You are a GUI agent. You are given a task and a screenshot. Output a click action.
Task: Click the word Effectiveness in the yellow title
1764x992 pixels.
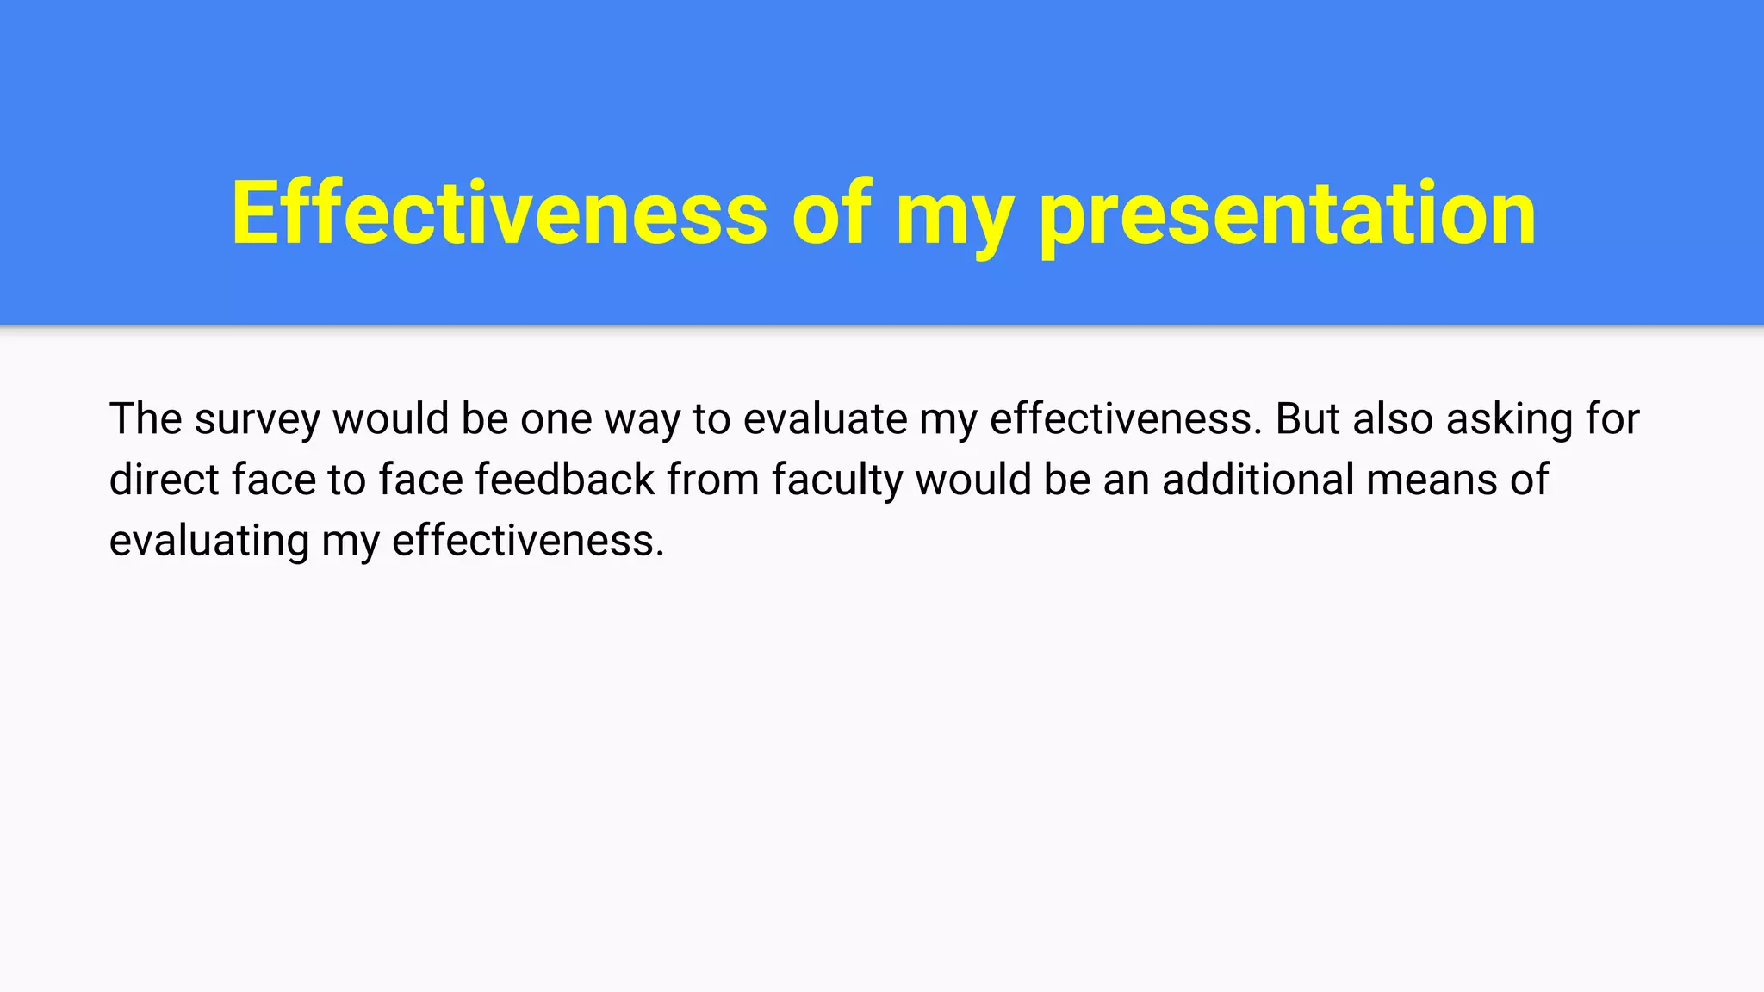point(499,213)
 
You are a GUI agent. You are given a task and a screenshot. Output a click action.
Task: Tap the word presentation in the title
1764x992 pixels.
point(1288,215)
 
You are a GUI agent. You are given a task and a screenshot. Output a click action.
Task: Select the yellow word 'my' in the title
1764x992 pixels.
point(953,220)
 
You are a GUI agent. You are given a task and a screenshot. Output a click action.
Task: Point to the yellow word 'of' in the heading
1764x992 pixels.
point(831,213)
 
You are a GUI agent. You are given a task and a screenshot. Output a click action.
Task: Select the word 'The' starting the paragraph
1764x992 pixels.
point(146,418)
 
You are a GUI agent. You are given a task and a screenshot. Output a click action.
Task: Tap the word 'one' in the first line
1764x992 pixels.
point(556,419)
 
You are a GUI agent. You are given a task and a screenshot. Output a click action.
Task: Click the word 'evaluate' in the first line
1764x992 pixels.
point(825,419)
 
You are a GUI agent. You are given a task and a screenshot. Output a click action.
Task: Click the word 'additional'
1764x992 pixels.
point(1258,480)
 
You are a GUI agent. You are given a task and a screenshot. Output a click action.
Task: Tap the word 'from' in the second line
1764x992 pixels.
point(713,480)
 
